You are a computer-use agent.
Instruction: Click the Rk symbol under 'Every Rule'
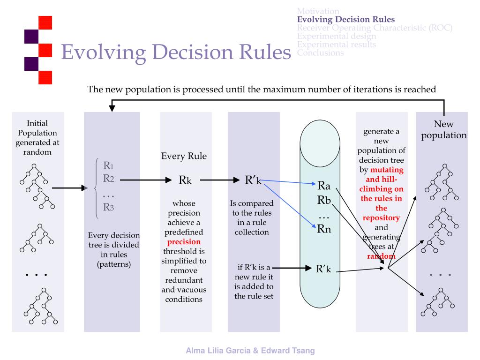click(184, 181)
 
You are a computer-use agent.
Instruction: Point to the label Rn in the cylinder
click(324, 229)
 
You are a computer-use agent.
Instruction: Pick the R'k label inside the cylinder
click(324, 269)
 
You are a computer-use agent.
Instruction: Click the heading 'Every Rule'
click(184, 157)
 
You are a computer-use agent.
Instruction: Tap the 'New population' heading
click(443, 130)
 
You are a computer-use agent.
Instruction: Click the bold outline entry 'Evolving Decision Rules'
click(346, 20)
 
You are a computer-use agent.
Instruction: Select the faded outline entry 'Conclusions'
click(320, 52)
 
